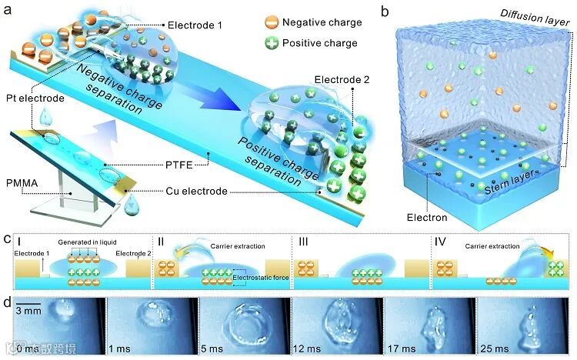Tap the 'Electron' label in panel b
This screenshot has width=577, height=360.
(428, 217)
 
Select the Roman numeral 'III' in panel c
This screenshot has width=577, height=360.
(305, 242)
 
